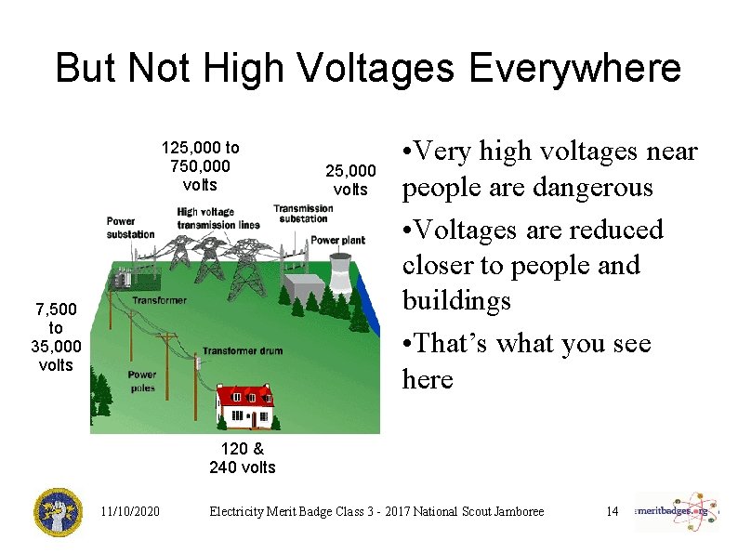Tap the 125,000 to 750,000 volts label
[x=200, y=165]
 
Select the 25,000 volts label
[x=350, y=180]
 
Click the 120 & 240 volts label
[x=242, y=458]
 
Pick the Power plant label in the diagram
[x=337, y=240]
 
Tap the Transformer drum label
[x=243, y=350]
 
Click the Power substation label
[x=130, y=228]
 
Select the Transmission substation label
[x=302, y=214]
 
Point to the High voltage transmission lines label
[x=218, y=217]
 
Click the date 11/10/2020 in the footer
[x=130, y=512]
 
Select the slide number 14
[x=612, y=512]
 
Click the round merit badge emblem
[x=59, y=512]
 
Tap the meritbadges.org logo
[x=677, y=511]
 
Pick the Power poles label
[x=142, y=381]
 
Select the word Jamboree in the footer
[x=515, y=512]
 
